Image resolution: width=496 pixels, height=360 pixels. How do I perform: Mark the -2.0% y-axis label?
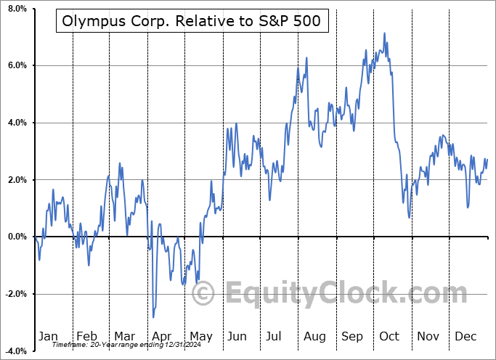14,294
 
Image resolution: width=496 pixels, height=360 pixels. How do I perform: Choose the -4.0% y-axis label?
14,351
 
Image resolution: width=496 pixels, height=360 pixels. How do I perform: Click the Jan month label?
48,336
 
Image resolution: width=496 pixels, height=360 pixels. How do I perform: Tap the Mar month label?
123,336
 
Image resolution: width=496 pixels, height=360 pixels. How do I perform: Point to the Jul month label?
275,336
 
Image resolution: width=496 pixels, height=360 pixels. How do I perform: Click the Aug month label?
314,336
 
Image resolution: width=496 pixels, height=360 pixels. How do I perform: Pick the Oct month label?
389,336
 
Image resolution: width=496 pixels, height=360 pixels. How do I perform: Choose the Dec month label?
465,336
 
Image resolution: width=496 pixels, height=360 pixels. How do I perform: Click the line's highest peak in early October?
384,33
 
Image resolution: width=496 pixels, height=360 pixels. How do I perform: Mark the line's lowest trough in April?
153,317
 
